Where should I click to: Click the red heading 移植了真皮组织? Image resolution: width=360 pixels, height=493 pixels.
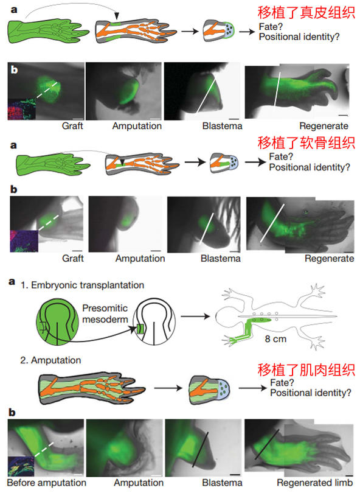click(x=306, y=13)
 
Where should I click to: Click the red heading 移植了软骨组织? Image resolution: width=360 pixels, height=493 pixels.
click(x=306, y=143)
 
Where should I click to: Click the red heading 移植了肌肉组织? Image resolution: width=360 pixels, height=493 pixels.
click(x=306, y=370)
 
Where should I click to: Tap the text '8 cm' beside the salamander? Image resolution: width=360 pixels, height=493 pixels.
click(x=275, y=339)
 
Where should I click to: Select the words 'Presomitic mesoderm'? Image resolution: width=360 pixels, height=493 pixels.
click(x=105, y=314)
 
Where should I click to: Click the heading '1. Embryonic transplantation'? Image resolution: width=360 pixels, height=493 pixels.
click(x=82, y=285)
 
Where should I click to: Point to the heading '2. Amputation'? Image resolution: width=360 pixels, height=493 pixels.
click(x=50, y=360)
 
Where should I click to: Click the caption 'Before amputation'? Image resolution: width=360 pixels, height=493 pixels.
click(x=46, y=483)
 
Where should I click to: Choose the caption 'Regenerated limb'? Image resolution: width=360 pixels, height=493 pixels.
click(x=314, y=483)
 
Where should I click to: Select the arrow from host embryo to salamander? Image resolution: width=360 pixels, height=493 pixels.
click(x=195, y=316)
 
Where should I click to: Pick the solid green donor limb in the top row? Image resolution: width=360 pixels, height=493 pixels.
click(x=49, y=32)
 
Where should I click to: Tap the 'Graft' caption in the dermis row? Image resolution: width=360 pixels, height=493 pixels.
click(x=72, y=126)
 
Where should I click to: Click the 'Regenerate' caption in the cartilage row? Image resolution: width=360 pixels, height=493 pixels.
click(x=329, y=259)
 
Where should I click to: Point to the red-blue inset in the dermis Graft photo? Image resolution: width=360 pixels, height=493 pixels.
click(x=22, y=110)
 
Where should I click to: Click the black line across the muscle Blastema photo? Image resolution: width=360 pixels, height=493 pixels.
click(x=201, y=449)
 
